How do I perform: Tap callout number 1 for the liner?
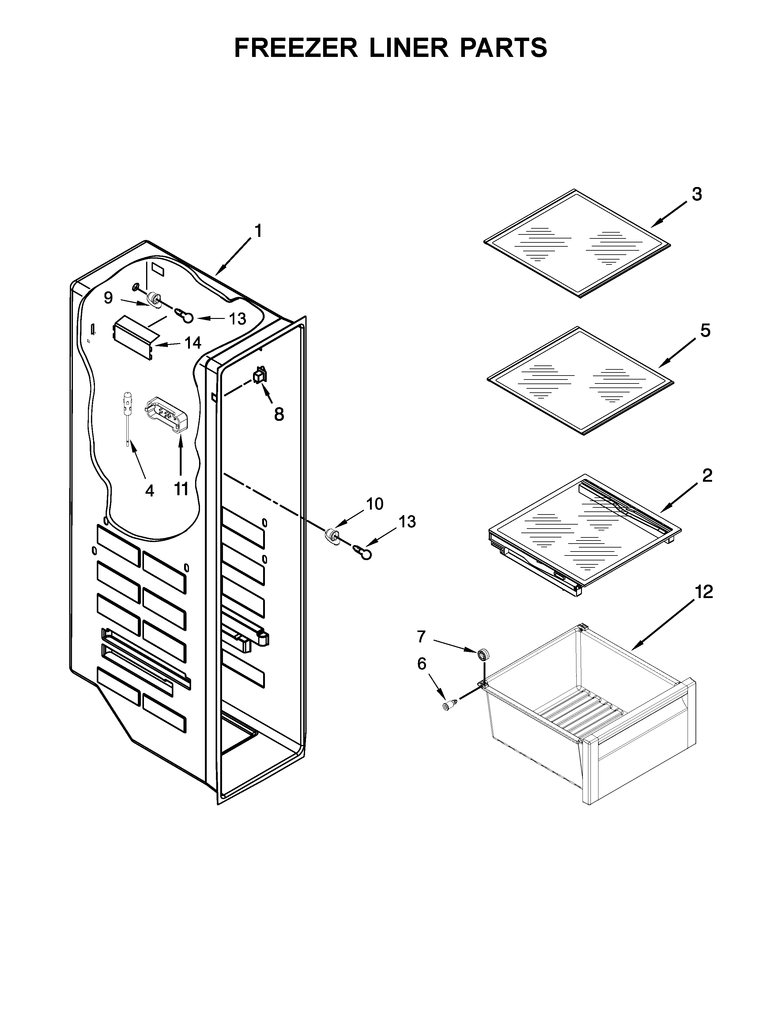258,231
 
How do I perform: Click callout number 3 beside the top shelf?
697,194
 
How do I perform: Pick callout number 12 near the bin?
704,592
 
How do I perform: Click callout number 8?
278,414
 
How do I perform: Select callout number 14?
193,343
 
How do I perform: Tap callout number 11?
181,488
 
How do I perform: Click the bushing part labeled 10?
332,537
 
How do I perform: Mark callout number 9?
108,298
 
